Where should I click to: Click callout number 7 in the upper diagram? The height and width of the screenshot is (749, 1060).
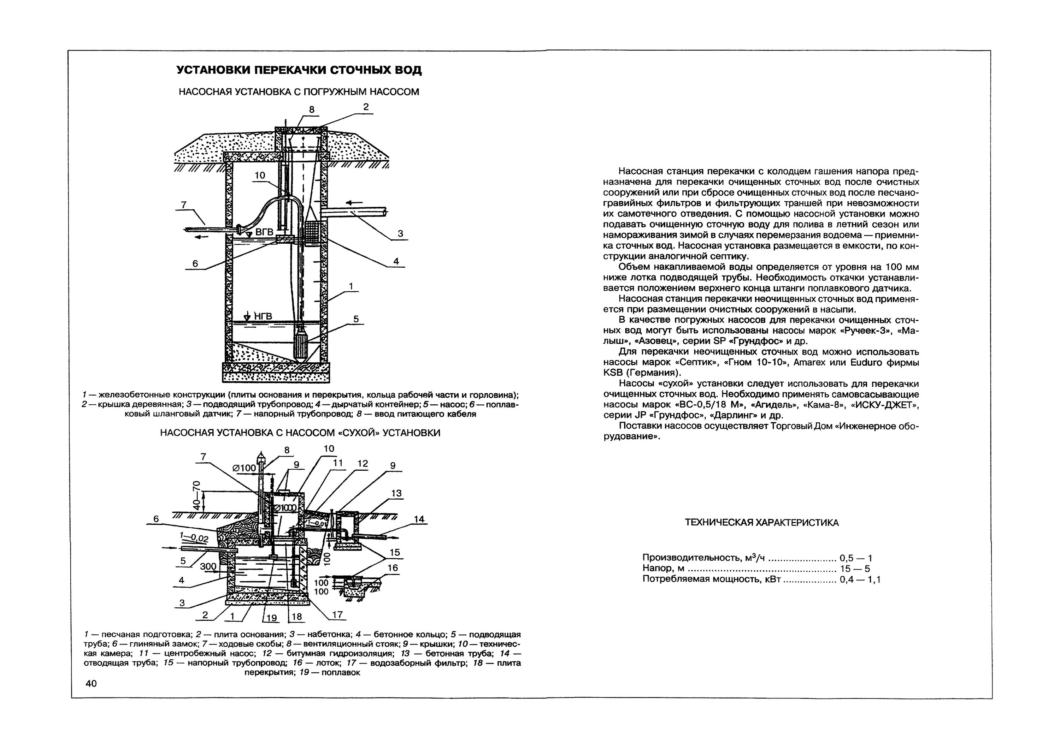point(183,204)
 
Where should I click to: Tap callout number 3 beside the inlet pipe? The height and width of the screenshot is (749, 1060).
point(400,233)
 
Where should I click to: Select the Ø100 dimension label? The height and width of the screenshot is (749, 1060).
point(244,468)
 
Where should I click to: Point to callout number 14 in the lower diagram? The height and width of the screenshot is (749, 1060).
point(419,519)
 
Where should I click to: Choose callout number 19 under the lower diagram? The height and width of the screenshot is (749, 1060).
point(271,618)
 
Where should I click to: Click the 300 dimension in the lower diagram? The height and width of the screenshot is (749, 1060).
point(208,566)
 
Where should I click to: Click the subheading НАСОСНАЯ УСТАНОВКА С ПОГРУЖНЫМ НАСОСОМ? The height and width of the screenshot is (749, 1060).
point(299,92)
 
